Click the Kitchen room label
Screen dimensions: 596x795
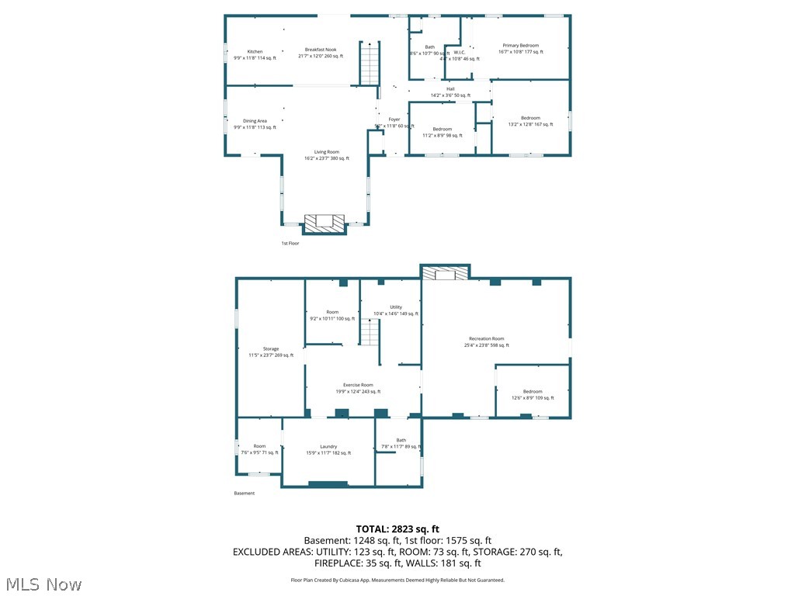[255, 51]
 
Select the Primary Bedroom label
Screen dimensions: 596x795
[520, 46]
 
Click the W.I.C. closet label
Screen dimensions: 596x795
[459, 53]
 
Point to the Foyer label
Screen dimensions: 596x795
[394, 119]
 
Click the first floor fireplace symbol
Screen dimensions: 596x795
[324, 223]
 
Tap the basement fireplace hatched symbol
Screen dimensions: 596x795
[446, 274]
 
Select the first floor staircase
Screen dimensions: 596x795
[370, 64]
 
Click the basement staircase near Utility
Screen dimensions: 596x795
[369, 334]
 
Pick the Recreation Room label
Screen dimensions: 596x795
[487, 338]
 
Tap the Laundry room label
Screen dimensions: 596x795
[328, 446]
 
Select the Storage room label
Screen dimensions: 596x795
[271, 349]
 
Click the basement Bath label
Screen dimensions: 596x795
[401, 440]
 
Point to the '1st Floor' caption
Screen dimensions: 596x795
[290, 243]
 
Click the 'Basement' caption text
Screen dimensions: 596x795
[244, 493]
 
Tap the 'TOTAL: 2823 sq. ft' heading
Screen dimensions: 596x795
[397, 528]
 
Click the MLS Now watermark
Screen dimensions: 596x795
[43, 584]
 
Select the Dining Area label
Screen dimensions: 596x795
[255, 121]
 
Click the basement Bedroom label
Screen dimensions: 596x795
[532, 392]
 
